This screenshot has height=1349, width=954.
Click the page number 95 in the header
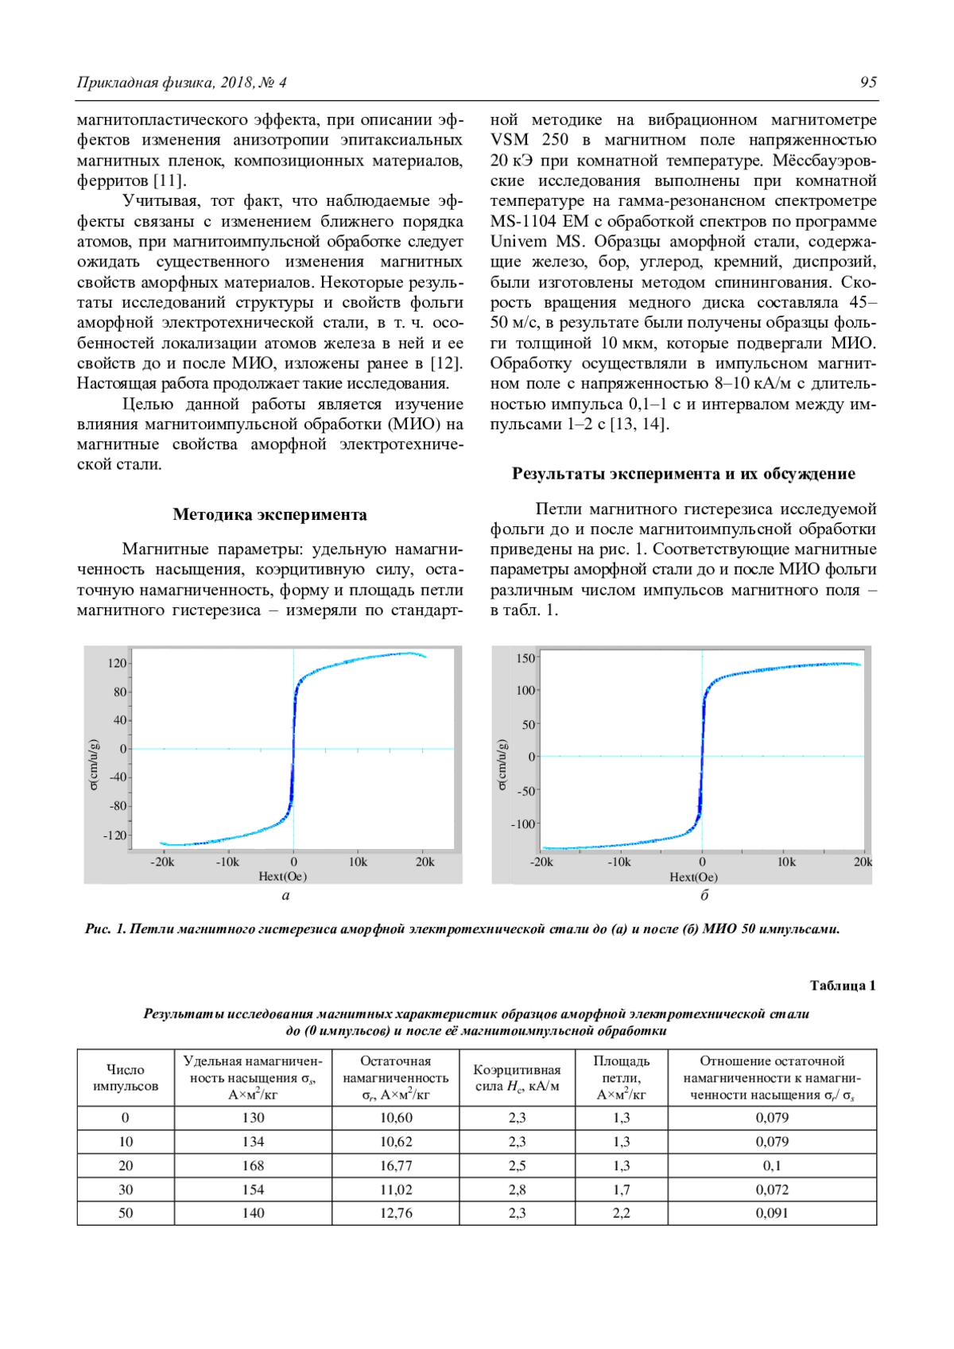[868, 83]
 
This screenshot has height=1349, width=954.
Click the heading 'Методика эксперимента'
[270, 514]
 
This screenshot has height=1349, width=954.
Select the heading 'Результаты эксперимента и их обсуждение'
[683, 474]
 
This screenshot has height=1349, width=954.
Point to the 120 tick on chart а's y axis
[117, 663]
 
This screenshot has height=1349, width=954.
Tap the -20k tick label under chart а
[162, 862]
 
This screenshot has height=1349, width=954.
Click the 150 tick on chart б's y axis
[525, 658]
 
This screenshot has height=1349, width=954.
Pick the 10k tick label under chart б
[785, 862]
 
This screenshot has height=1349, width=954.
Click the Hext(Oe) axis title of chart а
[282, 876]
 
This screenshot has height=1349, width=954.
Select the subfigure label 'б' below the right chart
[704, 895]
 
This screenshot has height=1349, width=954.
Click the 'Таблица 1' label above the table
[842, 986]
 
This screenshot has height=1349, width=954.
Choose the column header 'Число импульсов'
[126, 1078]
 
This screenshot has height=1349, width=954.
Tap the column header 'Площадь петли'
[621, 1078]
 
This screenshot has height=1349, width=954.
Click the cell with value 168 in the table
[253, 1165]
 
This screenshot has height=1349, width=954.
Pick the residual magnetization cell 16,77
[396, 1165]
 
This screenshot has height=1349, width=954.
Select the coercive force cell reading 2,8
[517, 1189]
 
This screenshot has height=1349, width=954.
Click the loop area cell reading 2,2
[621, 1213]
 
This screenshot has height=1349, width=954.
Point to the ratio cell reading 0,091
[772, 1213]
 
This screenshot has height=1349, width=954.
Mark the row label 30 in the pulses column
[126, 1189]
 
